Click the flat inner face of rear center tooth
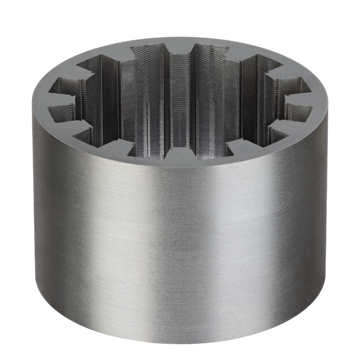[x=180, y=90]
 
